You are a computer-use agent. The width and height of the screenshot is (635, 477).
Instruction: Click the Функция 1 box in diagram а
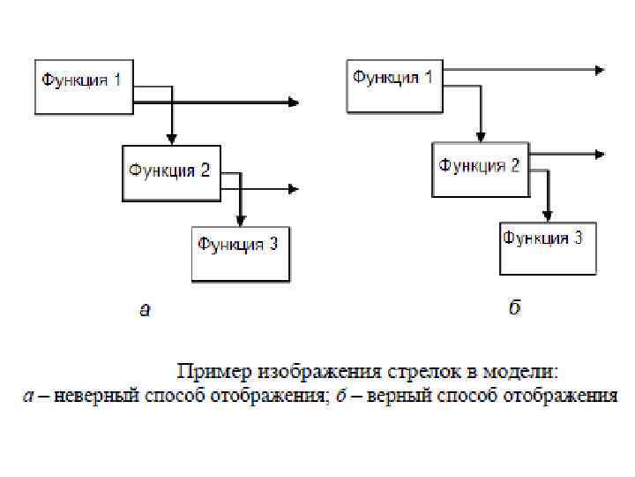click(x=83, y=87)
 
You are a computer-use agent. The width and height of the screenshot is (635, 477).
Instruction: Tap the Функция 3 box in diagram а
click(x=241, y=254)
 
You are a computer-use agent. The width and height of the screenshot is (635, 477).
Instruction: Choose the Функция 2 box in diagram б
click(x=480, y=169)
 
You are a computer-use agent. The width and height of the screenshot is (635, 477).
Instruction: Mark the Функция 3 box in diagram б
click(x=547, y=247)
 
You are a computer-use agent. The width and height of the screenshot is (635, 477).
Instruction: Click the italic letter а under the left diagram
click(x=146, y=309)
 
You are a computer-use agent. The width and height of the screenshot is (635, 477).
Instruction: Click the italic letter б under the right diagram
click(x=514, y=307)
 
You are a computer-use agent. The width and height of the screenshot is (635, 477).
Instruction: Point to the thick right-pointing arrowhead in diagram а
click(x=293, y=102)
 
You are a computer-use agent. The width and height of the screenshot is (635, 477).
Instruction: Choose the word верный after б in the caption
click(x=405, y=395)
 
